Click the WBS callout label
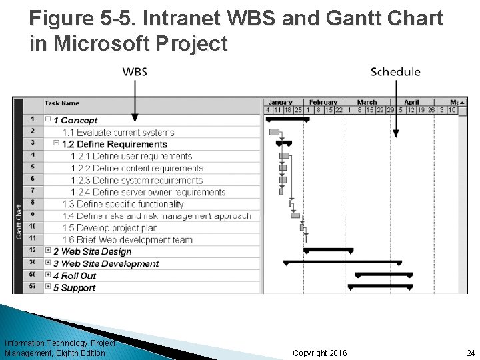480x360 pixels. (135, 72)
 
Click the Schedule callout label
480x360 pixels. (395, 72)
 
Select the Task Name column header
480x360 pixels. (62, 103)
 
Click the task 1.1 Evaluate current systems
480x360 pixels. (118, 133)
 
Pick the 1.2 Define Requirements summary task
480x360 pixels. (114, 144)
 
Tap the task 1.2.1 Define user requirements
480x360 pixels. (131, 156)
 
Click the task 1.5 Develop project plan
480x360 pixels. (110, 228)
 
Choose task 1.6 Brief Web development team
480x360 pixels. (127, 240)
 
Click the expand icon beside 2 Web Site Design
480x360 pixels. (48, 251)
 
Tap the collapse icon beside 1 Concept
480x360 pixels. (48, 119)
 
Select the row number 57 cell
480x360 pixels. (33, 287)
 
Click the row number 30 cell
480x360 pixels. (33, 263)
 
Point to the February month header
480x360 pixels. (323, 102)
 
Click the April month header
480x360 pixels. (411, 102)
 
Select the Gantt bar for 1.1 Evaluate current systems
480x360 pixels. (274, 132)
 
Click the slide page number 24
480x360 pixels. (471, 352)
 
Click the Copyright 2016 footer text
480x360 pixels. (319, 352)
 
